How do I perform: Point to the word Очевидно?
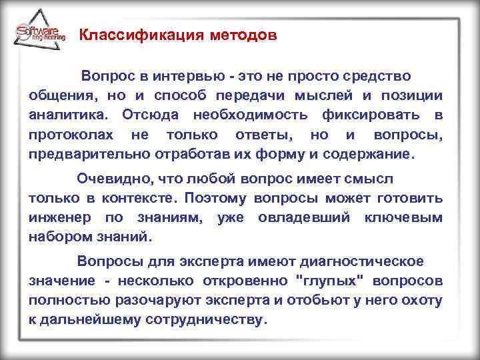pyautogui.click(x=107, y=179)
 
